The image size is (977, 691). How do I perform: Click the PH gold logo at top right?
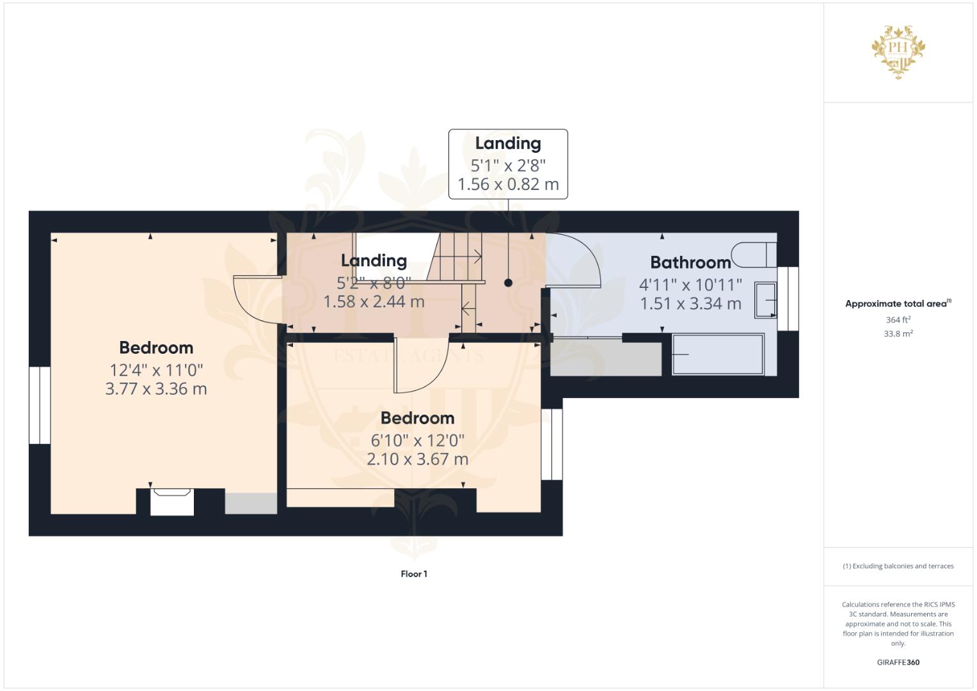coord(899,52)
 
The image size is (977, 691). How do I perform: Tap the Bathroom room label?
coord(690,262)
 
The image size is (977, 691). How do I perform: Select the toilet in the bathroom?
coord(753,255)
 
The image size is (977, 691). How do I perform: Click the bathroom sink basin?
coord(765,300)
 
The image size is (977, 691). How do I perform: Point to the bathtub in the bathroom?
coord(718,354)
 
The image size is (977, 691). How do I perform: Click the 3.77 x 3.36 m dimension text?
coord(156,389)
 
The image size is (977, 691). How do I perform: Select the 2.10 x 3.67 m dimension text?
coord(417,459)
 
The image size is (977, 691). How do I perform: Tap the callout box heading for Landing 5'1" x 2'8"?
coord(507,143)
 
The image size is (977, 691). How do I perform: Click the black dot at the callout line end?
coord(508,282)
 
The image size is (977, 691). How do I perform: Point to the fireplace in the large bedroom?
coord(171,502)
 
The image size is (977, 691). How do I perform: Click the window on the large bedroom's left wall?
coord(40,405)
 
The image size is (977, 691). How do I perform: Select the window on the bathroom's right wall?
coord(788,299)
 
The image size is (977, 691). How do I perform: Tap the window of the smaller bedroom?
coord(552,444)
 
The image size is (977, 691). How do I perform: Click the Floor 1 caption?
coord(414,574)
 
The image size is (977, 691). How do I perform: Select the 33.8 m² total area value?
coord(898,333)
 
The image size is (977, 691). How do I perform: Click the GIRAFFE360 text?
coord(898,662)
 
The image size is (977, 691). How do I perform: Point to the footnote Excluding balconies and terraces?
coord(898,566)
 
